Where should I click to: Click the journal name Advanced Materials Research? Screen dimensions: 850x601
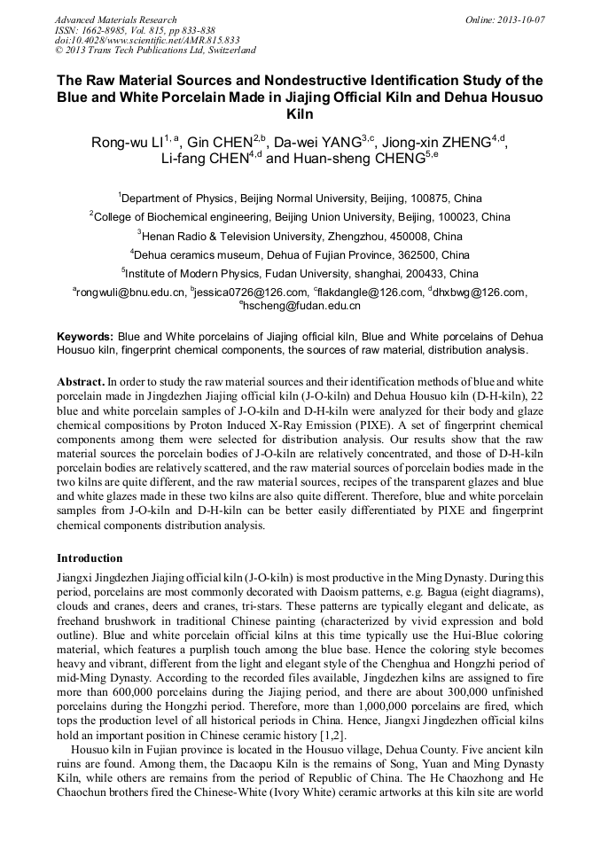(115, 19)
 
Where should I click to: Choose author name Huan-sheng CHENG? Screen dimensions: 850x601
(349, 160)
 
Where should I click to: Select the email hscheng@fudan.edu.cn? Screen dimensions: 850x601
(302, 305)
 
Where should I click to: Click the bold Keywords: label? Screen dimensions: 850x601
(85, 337)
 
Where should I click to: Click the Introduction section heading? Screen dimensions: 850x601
(90, 558)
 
